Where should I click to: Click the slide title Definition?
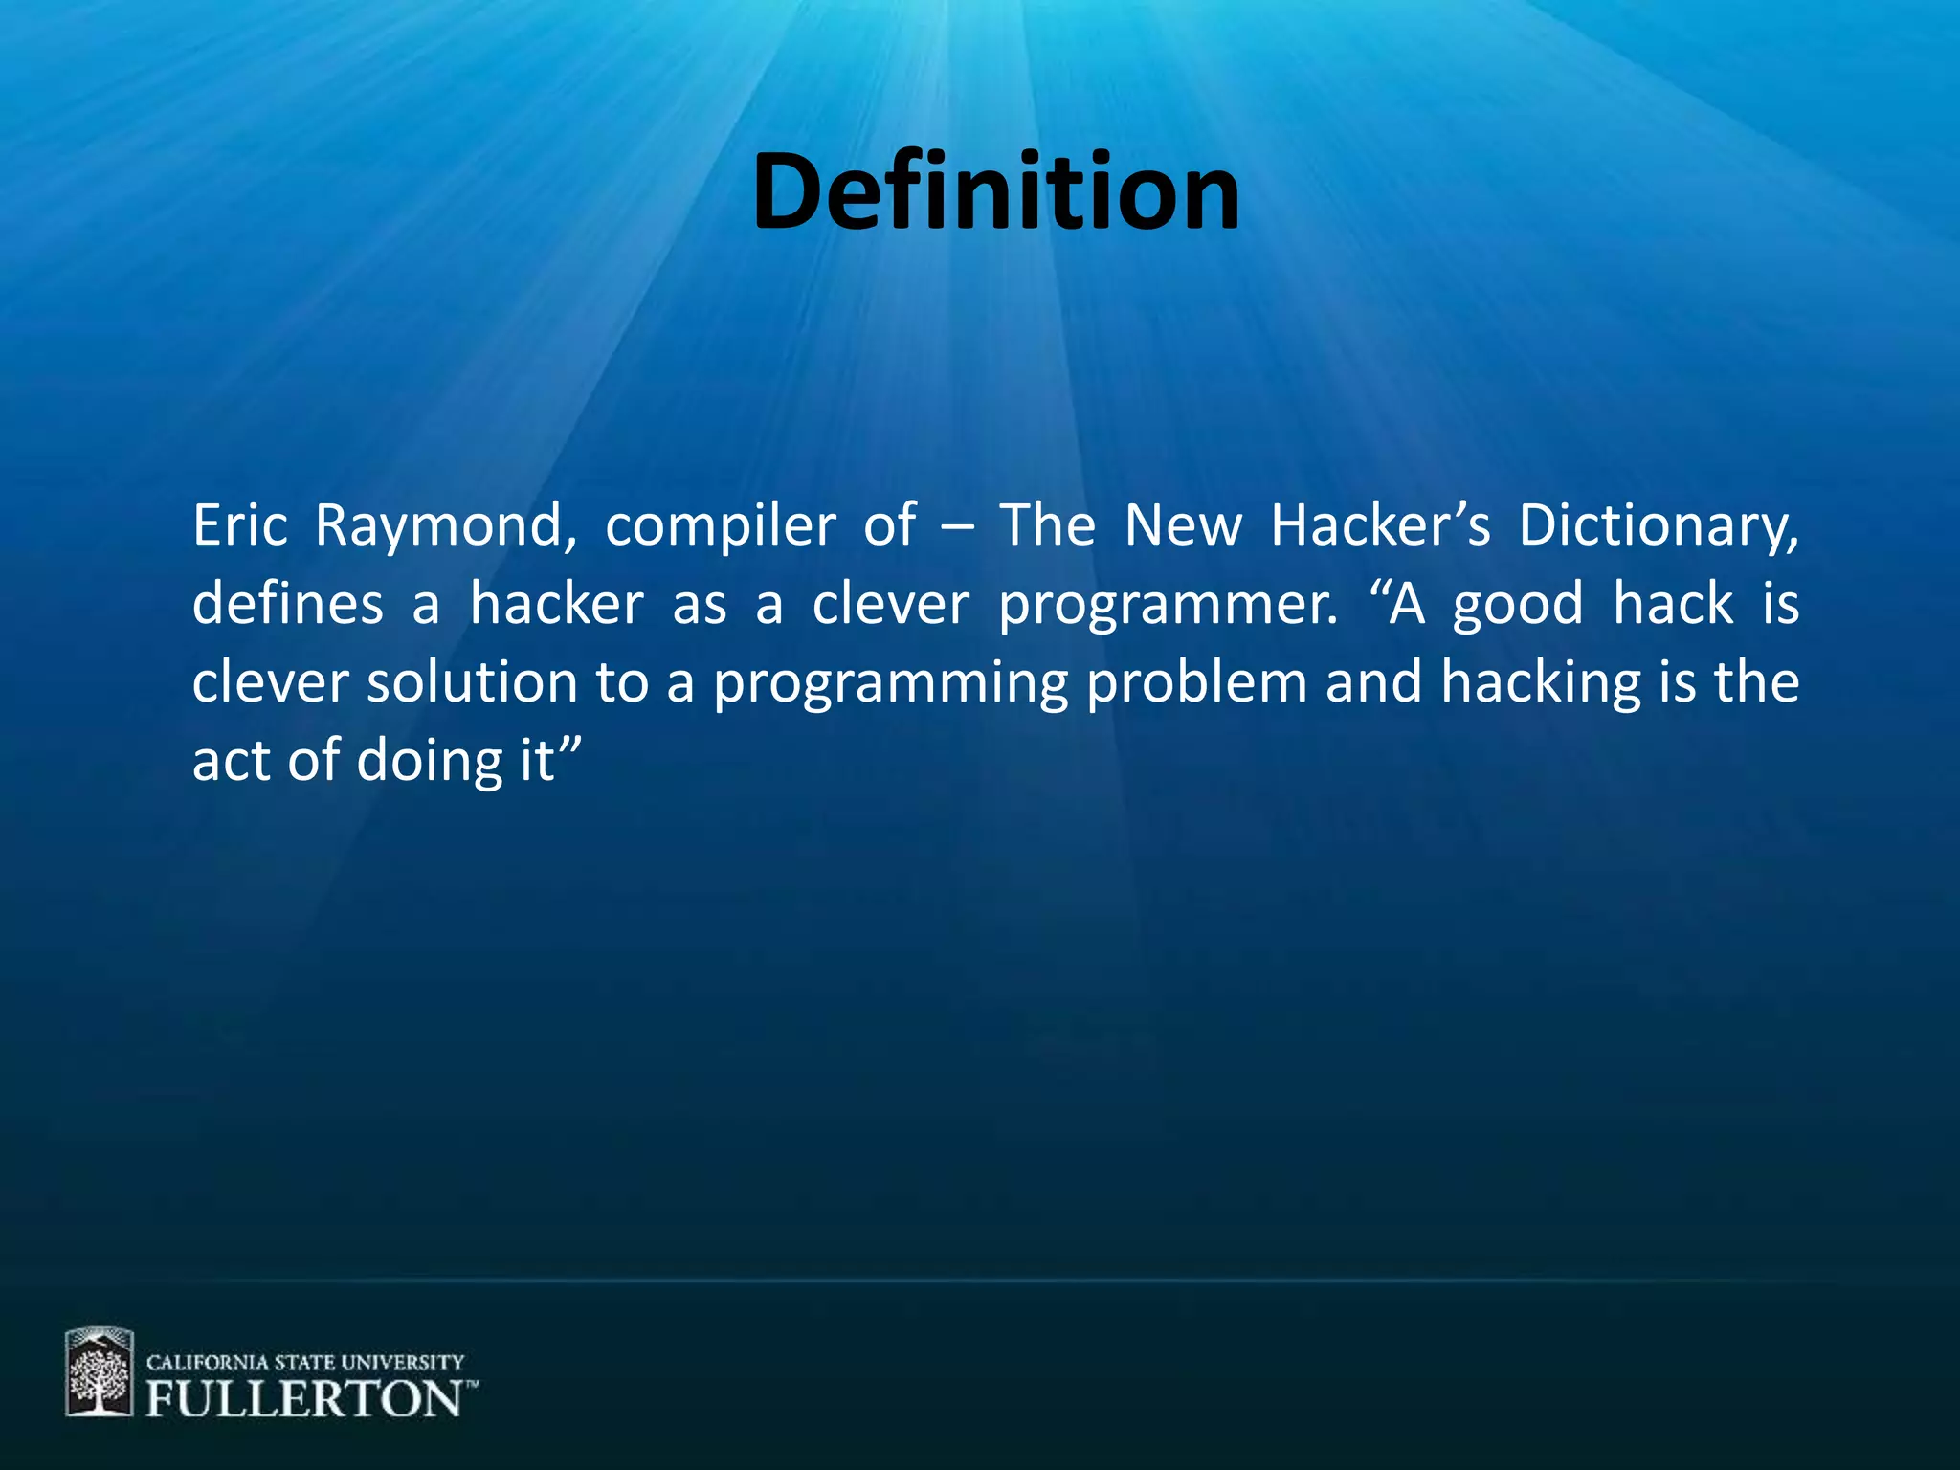pos(995,193)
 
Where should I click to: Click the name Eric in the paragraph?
pos(240,525)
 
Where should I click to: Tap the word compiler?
pos(721,527)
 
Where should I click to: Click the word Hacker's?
pos(1380,525)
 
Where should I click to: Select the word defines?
pos(288,605)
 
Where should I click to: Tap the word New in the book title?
pos(1183,525)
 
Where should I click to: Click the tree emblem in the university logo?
pos(99,1371)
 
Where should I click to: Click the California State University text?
pos(305,1362)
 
